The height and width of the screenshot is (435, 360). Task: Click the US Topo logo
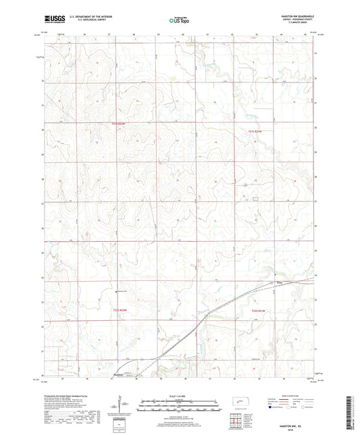180,20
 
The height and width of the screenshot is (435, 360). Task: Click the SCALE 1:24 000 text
180,395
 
